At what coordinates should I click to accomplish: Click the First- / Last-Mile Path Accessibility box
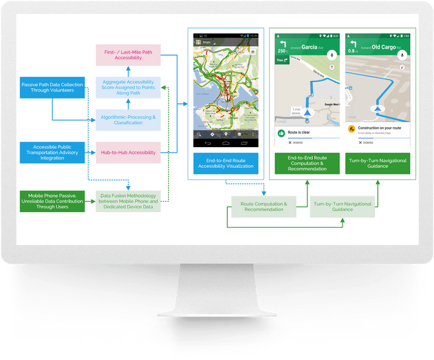(128, 55)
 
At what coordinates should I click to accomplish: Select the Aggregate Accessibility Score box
(128, 88)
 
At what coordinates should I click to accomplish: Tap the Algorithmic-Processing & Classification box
(128, 120)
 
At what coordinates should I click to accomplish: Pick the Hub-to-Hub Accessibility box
(128, 153)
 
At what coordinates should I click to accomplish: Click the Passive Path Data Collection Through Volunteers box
(52, 87)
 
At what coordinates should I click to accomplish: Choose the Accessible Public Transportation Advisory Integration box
(52, 153)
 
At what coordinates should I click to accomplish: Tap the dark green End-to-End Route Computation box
(307, 164)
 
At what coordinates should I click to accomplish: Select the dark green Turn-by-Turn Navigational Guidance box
(377, 164)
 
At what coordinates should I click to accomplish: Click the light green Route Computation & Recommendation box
(264, 207)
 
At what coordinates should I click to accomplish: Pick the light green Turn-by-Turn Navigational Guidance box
(342, 207)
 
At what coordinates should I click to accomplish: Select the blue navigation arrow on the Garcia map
(307, 112)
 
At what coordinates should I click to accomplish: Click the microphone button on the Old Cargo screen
(401, 55)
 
